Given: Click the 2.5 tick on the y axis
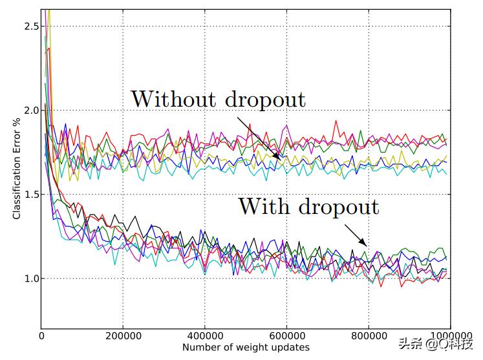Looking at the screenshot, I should [x=30, y=26].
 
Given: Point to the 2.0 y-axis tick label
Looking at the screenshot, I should [x=30, y=110].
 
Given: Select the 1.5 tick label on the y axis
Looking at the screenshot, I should [x=30, y=195].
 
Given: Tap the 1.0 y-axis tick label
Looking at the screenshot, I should [x=30, y=279].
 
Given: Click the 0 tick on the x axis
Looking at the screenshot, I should [x=41, y=335].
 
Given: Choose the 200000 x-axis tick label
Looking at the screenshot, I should [x=123, y=335].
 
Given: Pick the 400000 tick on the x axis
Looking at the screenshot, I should [x=205, y=335].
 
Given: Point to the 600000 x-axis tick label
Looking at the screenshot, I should [x=286, y=335].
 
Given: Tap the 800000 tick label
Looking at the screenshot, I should [x=369, y=335].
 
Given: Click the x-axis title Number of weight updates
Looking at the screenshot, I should [x=246, y=347].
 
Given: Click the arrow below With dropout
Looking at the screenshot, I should [x=355, y=235].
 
